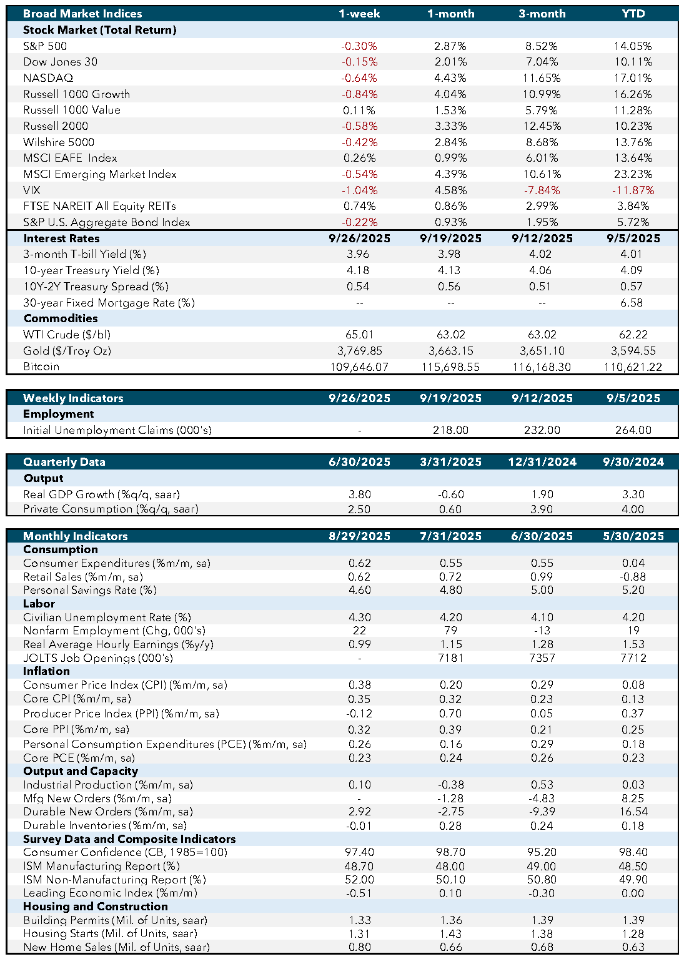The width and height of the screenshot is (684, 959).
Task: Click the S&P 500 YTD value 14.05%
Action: coord(633,46)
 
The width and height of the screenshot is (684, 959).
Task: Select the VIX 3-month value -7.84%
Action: coord(542,190)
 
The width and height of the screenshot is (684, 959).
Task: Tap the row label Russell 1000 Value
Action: coord(72,110)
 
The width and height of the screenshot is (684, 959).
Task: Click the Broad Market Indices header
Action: coord(82,14)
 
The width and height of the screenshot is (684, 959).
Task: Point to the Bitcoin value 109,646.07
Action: coord(359,367)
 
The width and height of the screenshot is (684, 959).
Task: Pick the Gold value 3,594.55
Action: coord(633,351)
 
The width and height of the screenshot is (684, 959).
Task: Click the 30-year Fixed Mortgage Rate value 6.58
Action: coord(633,303)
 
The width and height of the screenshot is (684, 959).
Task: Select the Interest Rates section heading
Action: coord(61,239)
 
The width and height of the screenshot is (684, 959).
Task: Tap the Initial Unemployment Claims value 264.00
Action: coord(633,430)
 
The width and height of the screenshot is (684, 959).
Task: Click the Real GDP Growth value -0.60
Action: coord(450,494)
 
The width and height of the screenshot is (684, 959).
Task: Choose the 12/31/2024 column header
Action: coord(542,462)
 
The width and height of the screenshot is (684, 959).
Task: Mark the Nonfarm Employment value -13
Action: coord(542,631)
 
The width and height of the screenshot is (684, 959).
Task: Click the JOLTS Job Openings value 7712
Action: coord(633,658)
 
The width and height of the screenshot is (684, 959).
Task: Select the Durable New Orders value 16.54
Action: coord(633,812)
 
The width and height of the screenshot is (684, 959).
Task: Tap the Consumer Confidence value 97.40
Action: coord(359,852)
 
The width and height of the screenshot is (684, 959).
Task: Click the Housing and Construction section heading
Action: coord(95,907)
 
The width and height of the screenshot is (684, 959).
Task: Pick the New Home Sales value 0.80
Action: coord(359,947)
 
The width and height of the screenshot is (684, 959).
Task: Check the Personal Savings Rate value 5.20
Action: coord(633,590)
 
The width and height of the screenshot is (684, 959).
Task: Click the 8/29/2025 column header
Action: coord(359,536)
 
